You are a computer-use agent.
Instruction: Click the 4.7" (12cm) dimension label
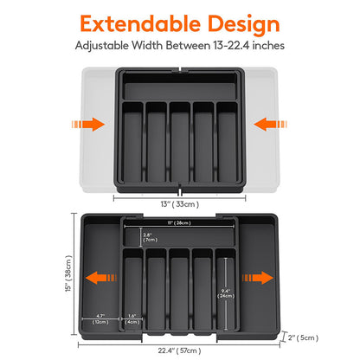100,318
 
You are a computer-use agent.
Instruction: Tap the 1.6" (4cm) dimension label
131,318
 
